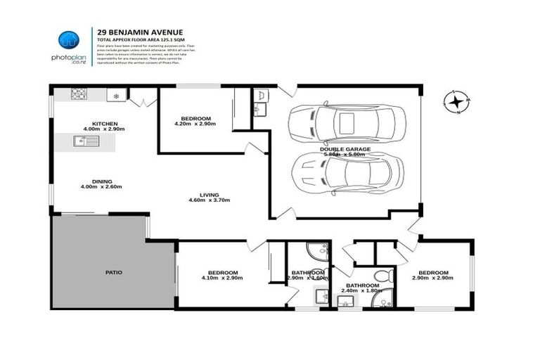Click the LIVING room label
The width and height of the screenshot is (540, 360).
(x=209, y=195)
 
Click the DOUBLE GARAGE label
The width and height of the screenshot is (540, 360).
(x=345, y=149)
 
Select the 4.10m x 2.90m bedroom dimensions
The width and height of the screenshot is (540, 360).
(x=222, y=278)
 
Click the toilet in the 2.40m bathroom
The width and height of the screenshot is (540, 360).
(x=380, y=275)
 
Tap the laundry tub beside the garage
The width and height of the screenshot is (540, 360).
(x=258, y=96)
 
